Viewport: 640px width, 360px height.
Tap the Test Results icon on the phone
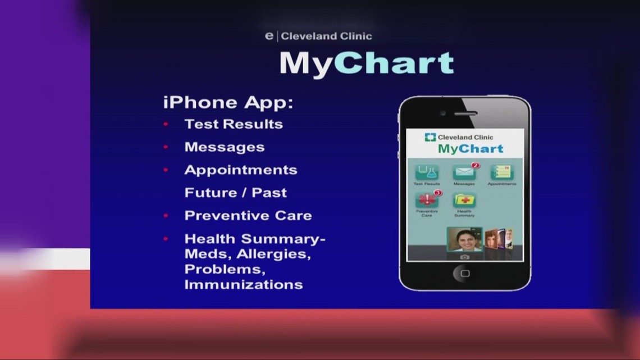[x=427, y=172]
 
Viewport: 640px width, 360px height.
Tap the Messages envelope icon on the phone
[x=464, y=172]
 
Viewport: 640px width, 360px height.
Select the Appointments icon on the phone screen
[x=501, y=172]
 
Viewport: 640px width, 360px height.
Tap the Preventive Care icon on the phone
[x=427, y=200]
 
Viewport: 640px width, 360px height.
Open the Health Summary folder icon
[x=464, y=200]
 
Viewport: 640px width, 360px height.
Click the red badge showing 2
[x=475, y=165]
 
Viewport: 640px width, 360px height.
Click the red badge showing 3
[x=438, y=193]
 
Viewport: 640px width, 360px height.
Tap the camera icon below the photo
[x=464, y=257]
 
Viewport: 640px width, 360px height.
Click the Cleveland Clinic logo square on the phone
[x=430, y=137]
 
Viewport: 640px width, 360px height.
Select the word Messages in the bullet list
[x=224, y=147]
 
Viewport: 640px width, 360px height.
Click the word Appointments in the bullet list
[x=241, y=170]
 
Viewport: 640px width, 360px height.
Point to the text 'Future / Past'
[x=236, y=193]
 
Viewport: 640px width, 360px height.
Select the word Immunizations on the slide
[x=244, y=285]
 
